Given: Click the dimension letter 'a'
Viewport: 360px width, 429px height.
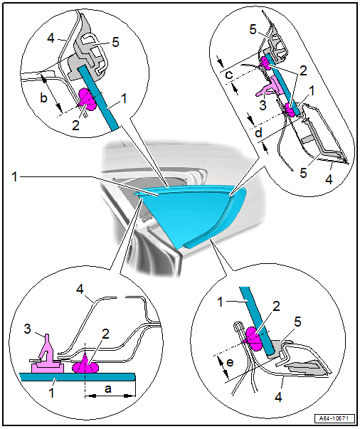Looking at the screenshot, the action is pos(108,388).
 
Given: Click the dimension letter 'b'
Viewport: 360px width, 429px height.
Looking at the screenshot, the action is pos(44,97).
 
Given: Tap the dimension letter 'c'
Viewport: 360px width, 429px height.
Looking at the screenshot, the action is pos(229,75).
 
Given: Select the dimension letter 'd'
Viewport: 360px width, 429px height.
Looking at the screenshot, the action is pos(258,133).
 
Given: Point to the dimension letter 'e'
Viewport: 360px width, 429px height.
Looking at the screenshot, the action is pos(230,362).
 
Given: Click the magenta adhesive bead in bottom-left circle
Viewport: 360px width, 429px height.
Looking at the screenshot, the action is pos(85,365).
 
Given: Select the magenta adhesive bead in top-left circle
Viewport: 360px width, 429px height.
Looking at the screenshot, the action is pos(87,100).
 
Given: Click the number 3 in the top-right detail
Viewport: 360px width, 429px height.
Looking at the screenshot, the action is pos(263,105).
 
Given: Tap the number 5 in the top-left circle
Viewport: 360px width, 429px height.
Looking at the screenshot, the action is pos(115,43).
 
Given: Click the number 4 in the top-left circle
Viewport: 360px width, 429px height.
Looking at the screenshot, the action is pos(51,38).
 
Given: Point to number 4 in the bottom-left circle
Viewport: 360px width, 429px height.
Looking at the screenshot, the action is pos(80,289).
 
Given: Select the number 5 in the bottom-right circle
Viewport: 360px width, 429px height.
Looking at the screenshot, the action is pos(297,322).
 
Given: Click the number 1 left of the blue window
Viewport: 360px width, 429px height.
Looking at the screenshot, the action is pos(14,177).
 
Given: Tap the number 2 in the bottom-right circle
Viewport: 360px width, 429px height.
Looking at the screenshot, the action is pos(276,307).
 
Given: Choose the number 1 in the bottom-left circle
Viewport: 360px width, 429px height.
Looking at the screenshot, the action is pos(51,393).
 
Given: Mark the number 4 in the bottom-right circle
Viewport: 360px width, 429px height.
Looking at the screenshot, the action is pos(278,397).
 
